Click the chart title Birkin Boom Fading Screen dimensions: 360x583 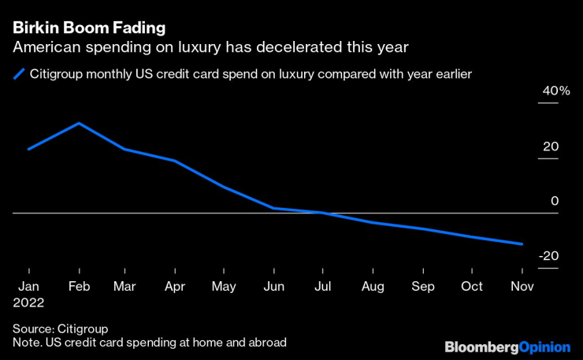pos(89,28)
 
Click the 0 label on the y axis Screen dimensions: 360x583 pos(554,202)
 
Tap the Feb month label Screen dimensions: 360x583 pos(77,286)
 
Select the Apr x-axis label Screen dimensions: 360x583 pos(176,286)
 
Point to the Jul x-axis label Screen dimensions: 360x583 pos(323,286)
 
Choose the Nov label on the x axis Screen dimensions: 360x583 pos(521,286)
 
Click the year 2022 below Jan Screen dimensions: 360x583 pos(28,302)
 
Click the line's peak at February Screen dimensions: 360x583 pos(77,123)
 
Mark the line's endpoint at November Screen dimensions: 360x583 pos(522,244)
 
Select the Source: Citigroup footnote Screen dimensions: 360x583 pos(60,328)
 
